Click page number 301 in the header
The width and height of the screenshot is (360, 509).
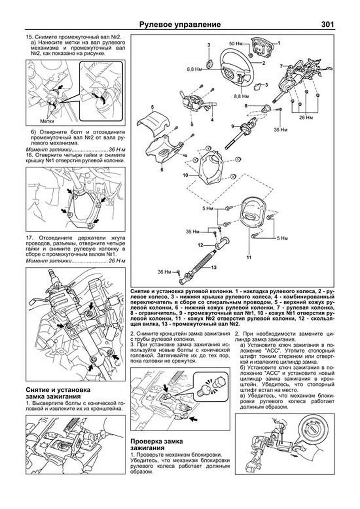click(327, 24)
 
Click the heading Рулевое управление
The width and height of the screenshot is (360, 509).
click(180, 25)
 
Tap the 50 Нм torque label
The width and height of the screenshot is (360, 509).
click(236, 44)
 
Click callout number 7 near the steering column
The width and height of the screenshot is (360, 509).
click(281, 66)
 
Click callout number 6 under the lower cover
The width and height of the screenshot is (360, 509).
click(162, 170)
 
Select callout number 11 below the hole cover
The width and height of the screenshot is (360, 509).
click(249, 257)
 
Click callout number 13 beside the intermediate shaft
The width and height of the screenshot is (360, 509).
click(214, 268)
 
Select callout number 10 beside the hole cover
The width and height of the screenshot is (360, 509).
click(185, 175)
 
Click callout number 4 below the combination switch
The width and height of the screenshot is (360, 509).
click(212, 119)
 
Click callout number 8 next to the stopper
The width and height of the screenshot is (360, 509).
click(246, 106)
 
